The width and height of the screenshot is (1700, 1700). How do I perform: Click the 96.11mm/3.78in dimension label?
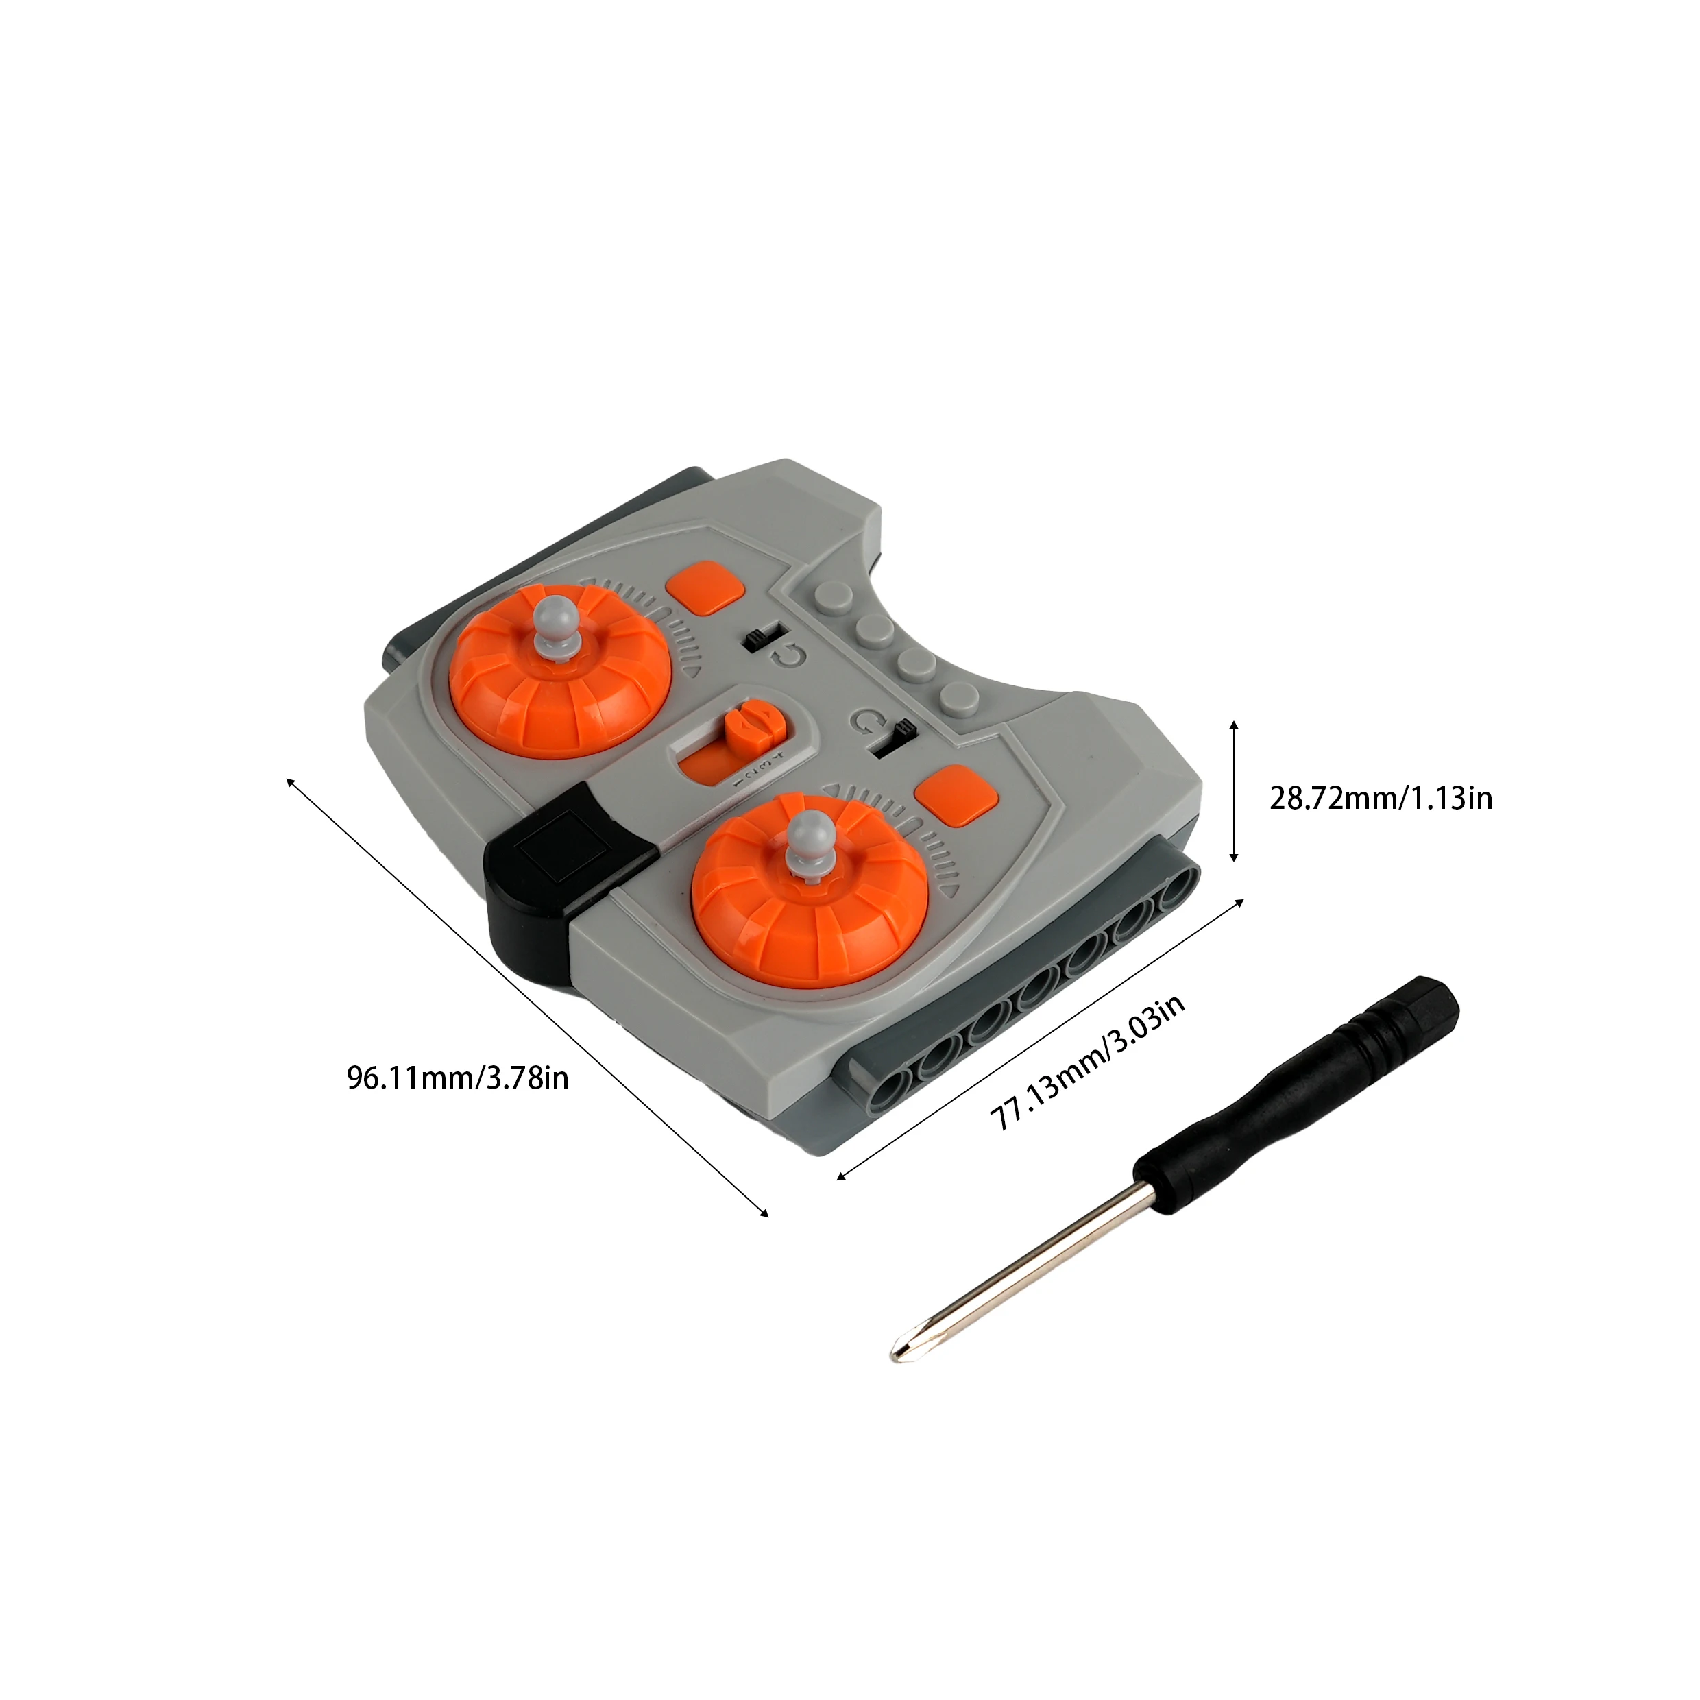(x=457, y=1078)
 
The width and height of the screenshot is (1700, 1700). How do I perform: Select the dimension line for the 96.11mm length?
(x=528, y=995)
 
